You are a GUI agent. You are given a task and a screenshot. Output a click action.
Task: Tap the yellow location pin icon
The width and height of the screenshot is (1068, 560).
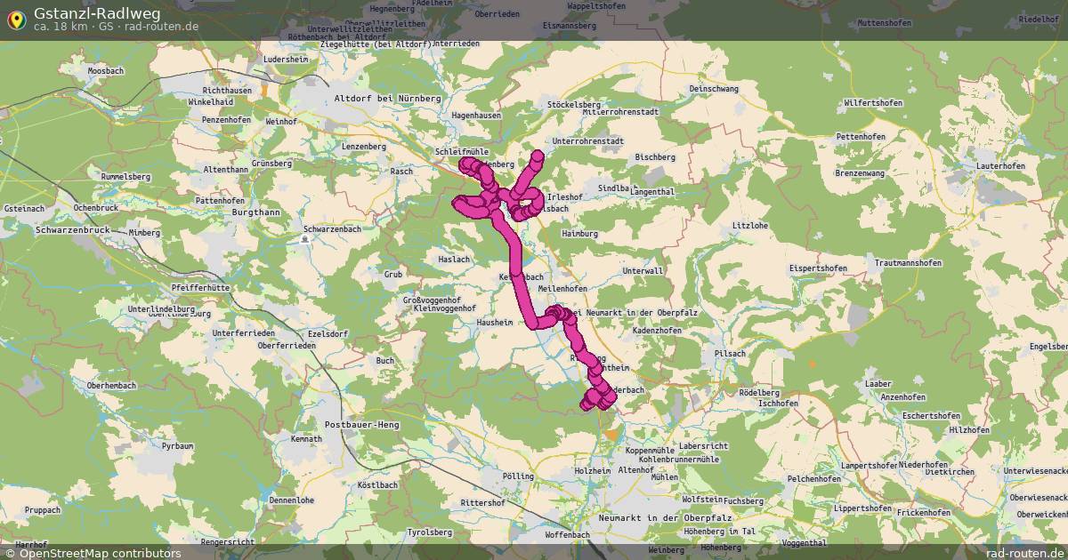pyautogui.click(x=16, y=20)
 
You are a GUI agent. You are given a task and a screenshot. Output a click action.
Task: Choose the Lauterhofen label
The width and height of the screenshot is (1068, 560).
pyautogui.click(x=1000, y=166)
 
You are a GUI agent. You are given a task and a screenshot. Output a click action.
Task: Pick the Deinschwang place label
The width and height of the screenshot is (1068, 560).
pyautogui.click(x=715, y=89)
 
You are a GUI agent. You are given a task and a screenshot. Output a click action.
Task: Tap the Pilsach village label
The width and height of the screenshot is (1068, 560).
pyautogui.click(x=729, y=354)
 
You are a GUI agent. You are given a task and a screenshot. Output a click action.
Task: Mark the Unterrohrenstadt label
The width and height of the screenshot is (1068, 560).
pyautogui.click(x=587, y=140)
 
